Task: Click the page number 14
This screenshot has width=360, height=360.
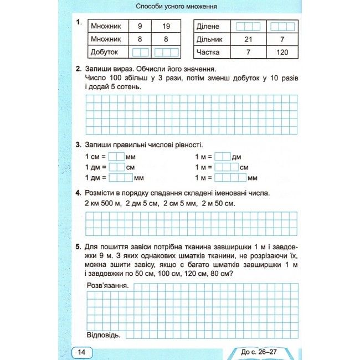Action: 81,352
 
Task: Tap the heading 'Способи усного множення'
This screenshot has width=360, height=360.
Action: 176,7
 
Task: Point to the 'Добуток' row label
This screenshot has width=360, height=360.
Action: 105,52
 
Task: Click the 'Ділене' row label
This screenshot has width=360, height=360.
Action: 208,26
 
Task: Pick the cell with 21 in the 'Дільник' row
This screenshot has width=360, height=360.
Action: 248,39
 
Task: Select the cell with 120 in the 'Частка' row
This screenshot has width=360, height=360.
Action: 282,53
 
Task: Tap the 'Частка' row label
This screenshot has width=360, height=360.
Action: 208,53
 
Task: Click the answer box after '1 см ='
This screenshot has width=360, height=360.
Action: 116,157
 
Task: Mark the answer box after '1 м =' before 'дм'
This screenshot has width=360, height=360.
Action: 223,157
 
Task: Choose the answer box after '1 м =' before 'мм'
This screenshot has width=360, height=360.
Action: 230,178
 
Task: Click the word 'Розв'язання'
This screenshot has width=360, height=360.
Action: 108,286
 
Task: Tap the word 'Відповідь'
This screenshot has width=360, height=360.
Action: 106,335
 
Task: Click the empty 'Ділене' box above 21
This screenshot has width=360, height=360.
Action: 248,26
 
